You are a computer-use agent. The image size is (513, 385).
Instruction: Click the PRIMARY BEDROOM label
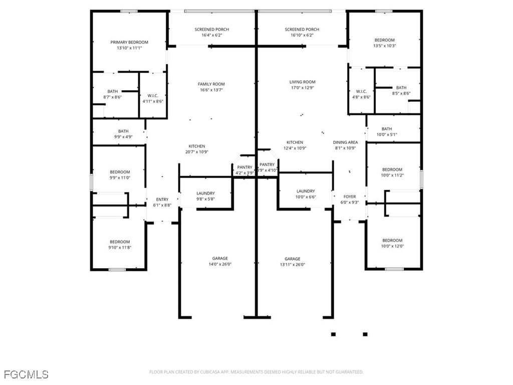pos(129,42)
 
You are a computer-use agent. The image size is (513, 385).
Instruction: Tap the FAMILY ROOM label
pos(211,84)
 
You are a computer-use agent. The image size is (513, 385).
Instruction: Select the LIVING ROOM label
pos(302,82)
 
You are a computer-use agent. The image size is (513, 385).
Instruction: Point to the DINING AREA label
pos(346,142)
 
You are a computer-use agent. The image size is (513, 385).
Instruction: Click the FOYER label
pos(350,197)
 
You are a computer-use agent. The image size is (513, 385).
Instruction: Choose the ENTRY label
pos(162,200)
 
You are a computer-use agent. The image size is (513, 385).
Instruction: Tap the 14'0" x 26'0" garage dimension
pos(220,264)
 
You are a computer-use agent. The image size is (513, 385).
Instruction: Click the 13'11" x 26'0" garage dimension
pos(293,265)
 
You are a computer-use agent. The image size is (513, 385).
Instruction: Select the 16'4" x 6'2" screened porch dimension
pos(212,35)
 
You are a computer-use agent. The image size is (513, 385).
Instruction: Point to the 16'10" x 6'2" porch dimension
pos(302,35)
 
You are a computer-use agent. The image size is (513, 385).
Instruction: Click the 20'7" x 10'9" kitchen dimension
pos(197,152)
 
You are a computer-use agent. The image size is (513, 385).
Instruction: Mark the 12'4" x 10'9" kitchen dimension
pos(295,148)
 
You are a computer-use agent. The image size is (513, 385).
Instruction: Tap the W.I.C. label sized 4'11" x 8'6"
pos(153,96)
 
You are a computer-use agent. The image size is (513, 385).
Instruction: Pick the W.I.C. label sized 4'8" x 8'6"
pos(362,91)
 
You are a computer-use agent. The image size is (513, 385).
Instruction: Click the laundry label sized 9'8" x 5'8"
pos(206,194)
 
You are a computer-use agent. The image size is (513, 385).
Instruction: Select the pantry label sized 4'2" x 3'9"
pos(244,167)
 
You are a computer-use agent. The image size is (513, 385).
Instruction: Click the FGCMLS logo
pos(26,374)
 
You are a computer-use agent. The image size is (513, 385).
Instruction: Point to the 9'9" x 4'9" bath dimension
pos(123,137)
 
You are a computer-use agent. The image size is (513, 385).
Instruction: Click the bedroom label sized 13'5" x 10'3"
pos(385,40)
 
